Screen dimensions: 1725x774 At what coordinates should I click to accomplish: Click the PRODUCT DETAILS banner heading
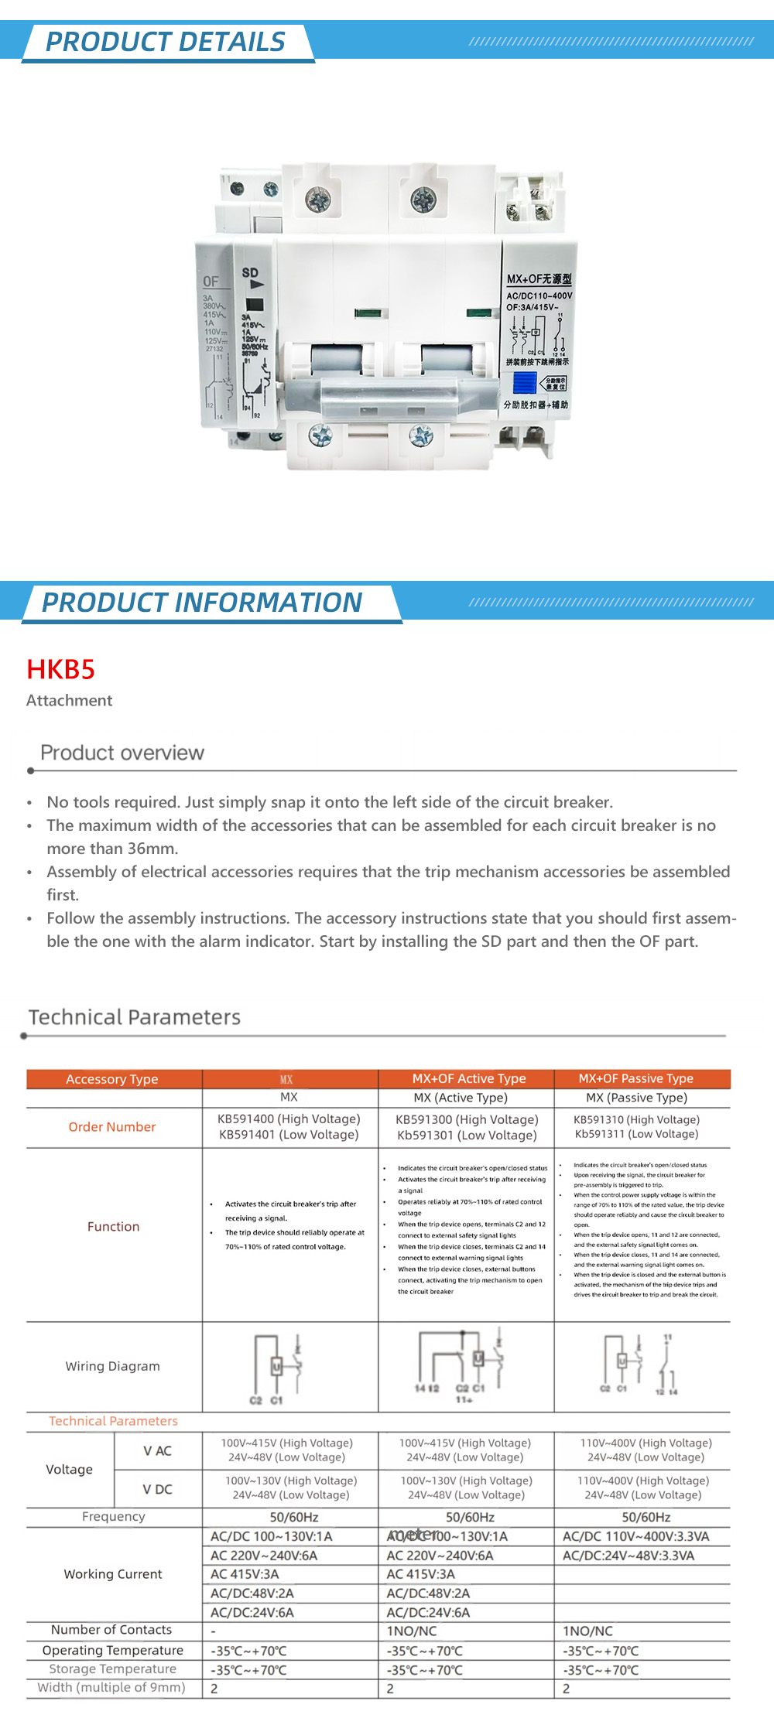[165, 42]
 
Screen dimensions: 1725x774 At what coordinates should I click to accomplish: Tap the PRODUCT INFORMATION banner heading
[201, 603]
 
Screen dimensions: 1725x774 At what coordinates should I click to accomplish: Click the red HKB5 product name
[60, 669]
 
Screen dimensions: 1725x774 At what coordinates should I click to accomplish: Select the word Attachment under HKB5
[69, 700]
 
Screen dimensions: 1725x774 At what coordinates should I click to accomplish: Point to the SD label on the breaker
[250, 273]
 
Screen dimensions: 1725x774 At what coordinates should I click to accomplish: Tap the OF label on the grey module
[211, 282]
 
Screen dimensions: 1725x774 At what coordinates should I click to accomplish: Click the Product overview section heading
[122, 753]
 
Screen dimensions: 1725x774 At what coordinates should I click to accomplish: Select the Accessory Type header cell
[112, 1079]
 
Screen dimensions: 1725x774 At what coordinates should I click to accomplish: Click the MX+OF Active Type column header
[468, 1078]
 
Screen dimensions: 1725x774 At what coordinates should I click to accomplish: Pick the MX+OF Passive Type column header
[635, 1078]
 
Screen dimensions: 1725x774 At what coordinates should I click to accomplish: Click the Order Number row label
[112, 1127]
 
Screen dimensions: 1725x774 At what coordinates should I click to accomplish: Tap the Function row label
[113, 1227]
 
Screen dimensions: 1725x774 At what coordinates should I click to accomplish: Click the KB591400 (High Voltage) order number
[289, 1119]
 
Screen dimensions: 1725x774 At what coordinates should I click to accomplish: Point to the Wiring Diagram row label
[112, 1366]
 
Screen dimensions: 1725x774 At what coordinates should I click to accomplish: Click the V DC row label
[157, 1489]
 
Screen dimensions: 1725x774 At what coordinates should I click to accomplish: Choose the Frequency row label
[113, 1517]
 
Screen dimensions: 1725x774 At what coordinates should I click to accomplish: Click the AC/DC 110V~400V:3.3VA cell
[635, 1536]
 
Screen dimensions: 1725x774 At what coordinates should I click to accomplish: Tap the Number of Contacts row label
[111, 1630]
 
